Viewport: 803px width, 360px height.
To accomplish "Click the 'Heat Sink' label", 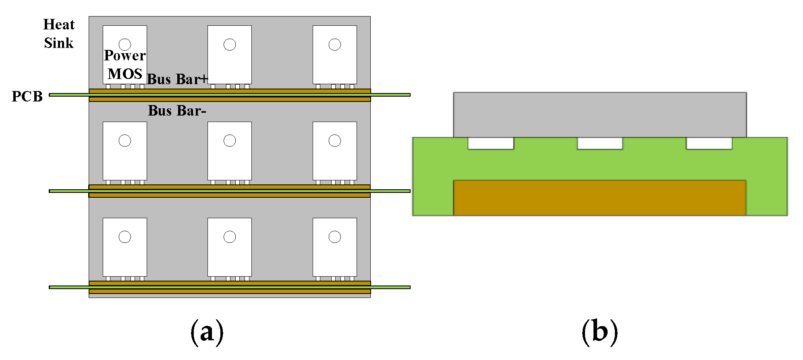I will tap(59, 34).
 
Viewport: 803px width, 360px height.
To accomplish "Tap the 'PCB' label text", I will tap(27, 97).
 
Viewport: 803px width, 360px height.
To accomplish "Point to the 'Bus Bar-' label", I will tap(177, 111).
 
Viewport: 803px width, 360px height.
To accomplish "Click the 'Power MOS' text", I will tap(125, 65).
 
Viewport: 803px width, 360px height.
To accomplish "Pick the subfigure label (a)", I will tap(207, 332).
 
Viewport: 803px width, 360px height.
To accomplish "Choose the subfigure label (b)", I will tap(600, 332).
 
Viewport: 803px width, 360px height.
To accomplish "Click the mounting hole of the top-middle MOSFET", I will tap(230, 45).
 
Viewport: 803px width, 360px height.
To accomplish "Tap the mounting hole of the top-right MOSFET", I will tap(335, 45).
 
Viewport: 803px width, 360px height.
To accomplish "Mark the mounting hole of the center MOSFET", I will tap(230, 141).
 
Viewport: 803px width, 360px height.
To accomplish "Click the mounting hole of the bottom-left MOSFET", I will tap(125, 237).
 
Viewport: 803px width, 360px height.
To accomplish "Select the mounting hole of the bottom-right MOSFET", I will tap(335, 237).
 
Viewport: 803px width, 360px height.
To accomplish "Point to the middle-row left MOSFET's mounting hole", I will tap(125, 141).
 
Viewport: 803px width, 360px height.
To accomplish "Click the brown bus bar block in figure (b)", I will tap(600, 198).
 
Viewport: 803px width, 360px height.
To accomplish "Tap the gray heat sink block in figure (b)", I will tap(600, 115).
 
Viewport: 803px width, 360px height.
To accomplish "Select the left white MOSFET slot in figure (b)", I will tap(491, 143).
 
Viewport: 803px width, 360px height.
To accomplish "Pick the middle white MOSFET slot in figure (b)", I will tap(600, 143).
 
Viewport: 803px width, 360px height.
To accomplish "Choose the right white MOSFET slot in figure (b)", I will tap(709, 143).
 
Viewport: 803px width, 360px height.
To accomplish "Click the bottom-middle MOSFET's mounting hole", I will tap(230, 237).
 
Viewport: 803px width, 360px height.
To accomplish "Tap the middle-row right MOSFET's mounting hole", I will tap(335, 141).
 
